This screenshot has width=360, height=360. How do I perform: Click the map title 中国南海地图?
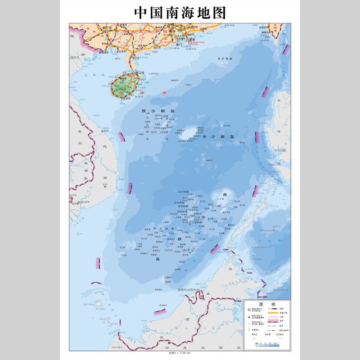pos(180,12)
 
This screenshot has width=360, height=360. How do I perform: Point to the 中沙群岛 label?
pos(218,137)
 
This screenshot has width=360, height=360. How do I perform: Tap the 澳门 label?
pos(179,44)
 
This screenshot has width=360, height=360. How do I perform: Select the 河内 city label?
pos(76,57)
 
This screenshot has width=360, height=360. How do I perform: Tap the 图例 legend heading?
pos(266,304)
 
